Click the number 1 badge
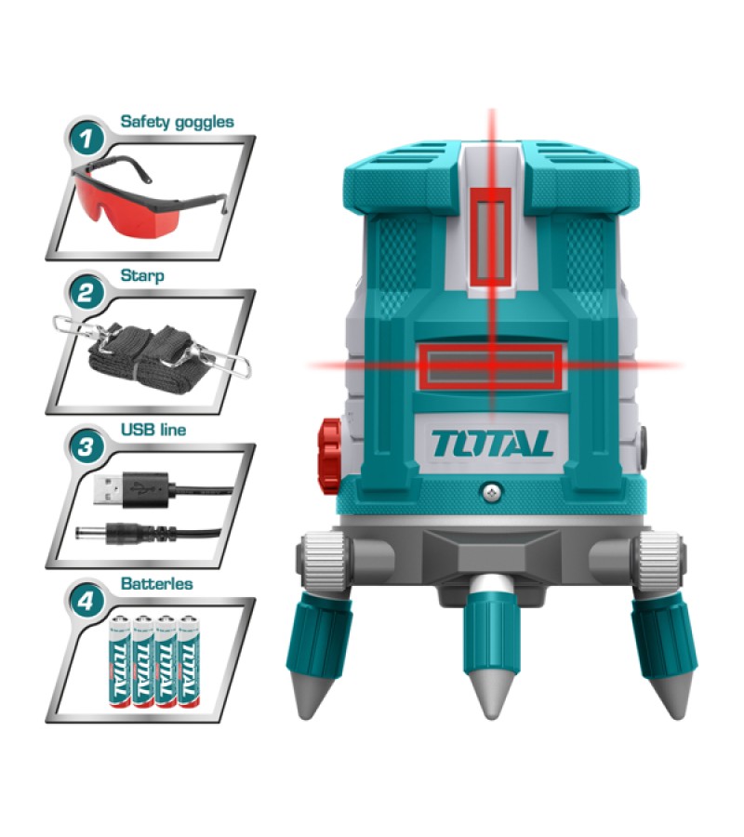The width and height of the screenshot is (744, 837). pyautogui.click(x=86, y=139)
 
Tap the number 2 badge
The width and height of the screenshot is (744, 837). pyautogui.click(x=86, y=293)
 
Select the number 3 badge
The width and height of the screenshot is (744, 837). pyautogui.click(x=86, y=446)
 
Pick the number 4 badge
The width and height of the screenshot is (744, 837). pyautogui.click(x=86, y=602)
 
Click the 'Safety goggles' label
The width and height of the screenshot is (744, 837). pyautogui.click(x=178, y=122)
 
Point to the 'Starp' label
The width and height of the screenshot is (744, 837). pyautogui.click(x=142, y=276)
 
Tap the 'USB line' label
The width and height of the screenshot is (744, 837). pyautogui.click(x=153, y=429)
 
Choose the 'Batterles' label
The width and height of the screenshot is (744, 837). pyautogui.click(x=157, y=583)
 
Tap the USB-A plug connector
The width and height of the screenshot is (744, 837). pyautogui.click(x=110, y=489)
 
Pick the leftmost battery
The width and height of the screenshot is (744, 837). pyautogui.click(x=120, y=661)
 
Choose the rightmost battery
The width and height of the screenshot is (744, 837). pyautogui.click(x=189, y=661)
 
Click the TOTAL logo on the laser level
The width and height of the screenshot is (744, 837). pyautogui.click(x=492, y=445)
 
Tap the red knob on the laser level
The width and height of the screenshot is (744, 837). pyautogui.click(x=329, y=456)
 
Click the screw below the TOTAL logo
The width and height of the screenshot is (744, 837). pyautogui.click(x=491, y=493)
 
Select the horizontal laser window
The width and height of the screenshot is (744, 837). pyautogui.click(x=490, y=366)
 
